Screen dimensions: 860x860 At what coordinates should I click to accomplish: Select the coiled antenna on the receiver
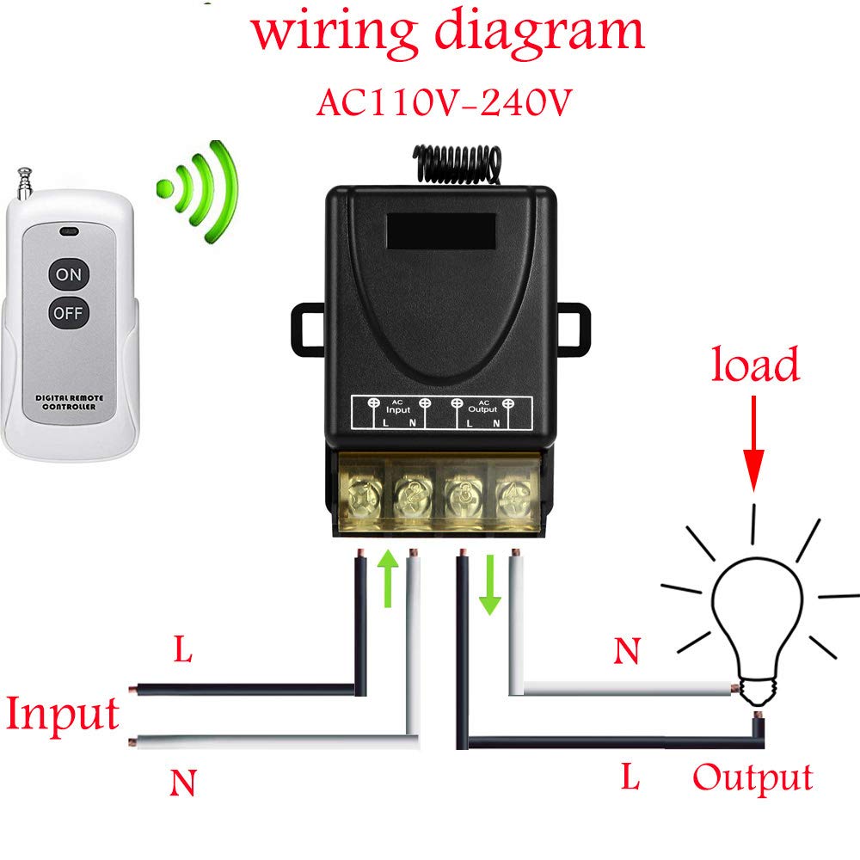tap(456, 163)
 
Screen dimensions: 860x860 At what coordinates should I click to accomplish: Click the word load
tap(755, 365)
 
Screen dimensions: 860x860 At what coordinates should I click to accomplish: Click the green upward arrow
tap(388, 577)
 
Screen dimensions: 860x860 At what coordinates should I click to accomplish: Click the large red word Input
tap(62, 716)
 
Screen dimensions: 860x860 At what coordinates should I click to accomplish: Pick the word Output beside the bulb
tap(752, 777)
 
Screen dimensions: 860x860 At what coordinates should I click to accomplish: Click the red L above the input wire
tap(182, 651)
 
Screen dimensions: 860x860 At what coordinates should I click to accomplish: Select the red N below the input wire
tap(183, 783)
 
